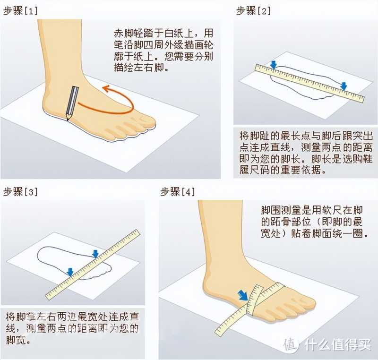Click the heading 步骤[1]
20,11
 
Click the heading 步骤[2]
254,11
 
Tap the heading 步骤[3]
20,192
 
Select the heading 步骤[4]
178,192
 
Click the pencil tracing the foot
72,103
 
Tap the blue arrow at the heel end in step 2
274,65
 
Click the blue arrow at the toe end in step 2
344,86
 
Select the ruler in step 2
309,83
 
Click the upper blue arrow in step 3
95,254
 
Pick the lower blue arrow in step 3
70,272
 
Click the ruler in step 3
93,265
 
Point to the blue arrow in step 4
243,295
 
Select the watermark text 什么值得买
337,345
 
